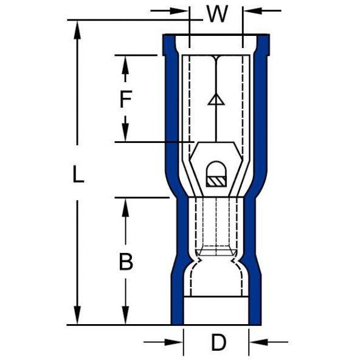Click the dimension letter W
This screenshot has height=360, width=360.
pyautogui.click(x=216, y=13)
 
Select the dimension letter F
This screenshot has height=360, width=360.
pyautogui.click(x=125, y=99)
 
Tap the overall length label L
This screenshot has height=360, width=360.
pyautogui.click(x=77, y=175)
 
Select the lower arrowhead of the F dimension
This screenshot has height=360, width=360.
pyautogui.click(x=125, y=135)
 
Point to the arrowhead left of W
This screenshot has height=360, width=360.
pyautogui.click(x=181, y=10)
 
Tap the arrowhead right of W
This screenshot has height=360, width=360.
pyautogui.click(x=250, y=10)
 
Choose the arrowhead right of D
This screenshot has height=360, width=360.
pyautogui.click(x=258, y=342)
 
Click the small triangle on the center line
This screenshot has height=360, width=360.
pyautogui.click(x=216, y=101)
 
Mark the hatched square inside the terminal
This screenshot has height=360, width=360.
pyautogui.click(x=215, y=181)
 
